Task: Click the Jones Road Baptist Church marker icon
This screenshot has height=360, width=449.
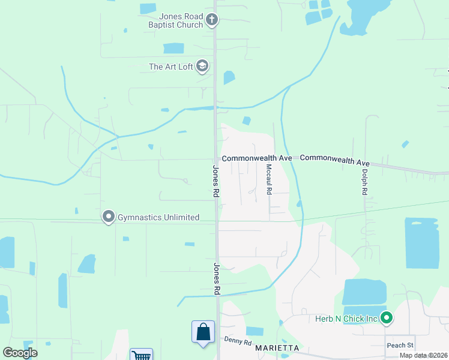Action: click(x=211, y=20)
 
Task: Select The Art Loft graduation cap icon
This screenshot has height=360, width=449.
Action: click(x=202, y=66)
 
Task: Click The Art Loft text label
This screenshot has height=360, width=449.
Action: click(x=171, y=67)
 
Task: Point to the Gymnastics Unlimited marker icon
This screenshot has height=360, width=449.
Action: click(x=108, y=217)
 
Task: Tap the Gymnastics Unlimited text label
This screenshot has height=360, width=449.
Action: click(x=158, y=217)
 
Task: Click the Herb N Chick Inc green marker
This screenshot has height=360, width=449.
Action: click(x=387, y=318)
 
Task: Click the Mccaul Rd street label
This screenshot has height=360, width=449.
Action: click(x=269, y=179)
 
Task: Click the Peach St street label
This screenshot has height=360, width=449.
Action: click(x=400, y=345)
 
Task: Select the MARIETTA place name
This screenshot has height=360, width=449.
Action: click(x=277, y=348)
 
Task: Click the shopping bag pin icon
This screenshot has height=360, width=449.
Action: click(x=203, y=332)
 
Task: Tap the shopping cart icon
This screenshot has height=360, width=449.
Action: click(x=141, y=355)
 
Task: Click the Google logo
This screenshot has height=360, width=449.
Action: click(x=20, y=353)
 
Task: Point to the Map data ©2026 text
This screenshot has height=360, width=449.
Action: click(x=423, y=356)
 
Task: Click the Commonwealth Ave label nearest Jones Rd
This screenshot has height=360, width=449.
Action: click(x=256, y=158)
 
